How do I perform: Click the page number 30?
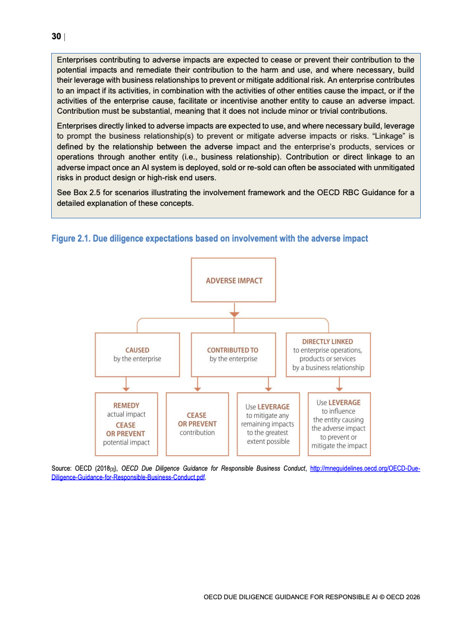(56, 37)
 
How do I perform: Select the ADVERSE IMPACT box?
(234, 280)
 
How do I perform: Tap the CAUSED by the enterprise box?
(137, 355)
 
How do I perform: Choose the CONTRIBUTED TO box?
(233, 355)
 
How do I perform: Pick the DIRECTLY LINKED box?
(328, 355)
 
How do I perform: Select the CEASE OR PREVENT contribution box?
(197, 424)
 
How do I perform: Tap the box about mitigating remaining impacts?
(267, 424)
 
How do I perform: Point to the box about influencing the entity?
(339, 424)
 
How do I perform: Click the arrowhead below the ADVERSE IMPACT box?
(235, 313)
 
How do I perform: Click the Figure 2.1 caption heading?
(210, 239)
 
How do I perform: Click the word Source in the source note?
(62, 469)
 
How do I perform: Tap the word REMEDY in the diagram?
(126, 405)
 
